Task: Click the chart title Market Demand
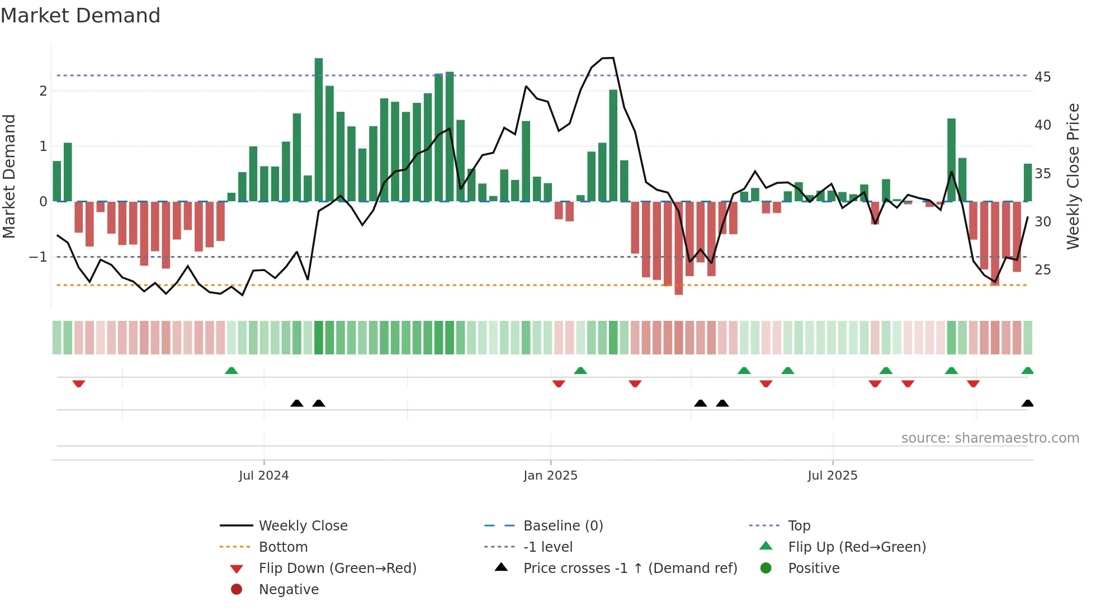click(x=81, y=16)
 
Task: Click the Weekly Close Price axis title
click(x=1073, y=176)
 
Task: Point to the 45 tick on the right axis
click(x=1042, y=77)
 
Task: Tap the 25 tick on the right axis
click(x=1042, y=270)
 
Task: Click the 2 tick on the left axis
click(x=43, y=91)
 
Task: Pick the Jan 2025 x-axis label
click(x=550, y=476)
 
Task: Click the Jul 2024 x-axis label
click(x=263, y=476)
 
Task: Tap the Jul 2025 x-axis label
click(x=832, y=476)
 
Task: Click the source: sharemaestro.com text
click(x=990, y=438)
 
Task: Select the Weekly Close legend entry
click(x=303, y=526)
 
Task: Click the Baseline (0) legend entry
click(x=563, y=526)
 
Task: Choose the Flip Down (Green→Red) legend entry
click(x=337, y=568)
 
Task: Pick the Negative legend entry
click(x=289, y=590)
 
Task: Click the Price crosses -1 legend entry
click(x=630, y=568)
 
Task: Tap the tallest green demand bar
click(x=319, y=130)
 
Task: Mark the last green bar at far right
click(x=1027, y=182)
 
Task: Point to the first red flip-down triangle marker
click(x=79, y=383)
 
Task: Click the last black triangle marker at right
click(x=1027, y=404)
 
